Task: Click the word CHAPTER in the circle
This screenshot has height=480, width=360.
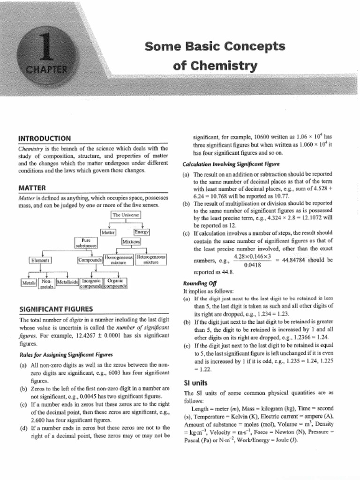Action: click(45, 70)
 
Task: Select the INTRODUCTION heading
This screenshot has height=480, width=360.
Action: click(45, 138)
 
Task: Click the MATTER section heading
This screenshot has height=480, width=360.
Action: click(31, 188)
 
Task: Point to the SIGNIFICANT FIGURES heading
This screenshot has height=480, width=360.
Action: click(55, 309)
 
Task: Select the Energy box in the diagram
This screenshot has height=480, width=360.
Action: click(141, 232)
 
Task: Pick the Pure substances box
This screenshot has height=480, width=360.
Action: click(86, 242)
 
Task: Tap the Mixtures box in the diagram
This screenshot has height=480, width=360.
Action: click(131, 241)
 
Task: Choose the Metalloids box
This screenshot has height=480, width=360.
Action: click(67, 282)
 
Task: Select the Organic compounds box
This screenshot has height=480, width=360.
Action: click(115, 283)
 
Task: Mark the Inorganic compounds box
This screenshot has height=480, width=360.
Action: click(91, 283)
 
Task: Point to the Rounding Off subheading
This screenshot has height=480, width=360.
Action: click(196, 283)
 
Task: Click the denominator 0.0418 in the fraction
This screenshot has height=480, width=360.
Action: click(252, 265)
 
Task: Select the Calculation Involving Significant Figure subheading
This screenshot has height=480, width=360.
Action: click(231, 164)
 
